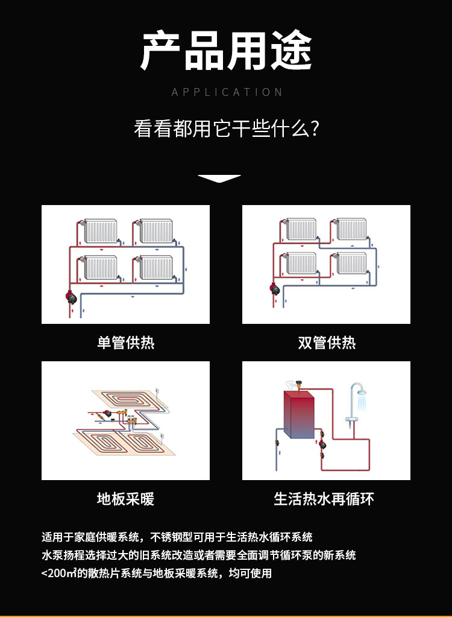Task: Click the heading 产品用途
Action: point(226,51)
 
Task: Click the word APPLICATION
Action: point(227,92)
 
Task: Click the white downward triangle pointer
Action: point(219,179)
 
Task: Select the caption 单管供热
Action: point(125,343)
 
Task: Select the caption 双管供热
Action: point(327,343)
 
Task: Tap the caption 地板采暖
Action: point(125,499)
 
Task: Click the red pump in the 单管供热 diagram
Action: point(71,297)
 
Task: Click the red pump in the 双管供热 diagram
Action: point(273,288)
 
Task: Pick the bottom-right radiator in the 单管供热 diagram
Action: point(156,267)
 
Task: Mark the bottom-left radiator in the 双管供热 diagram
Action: point(301,263)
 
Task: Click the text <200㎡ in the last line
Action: point(58,573)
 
